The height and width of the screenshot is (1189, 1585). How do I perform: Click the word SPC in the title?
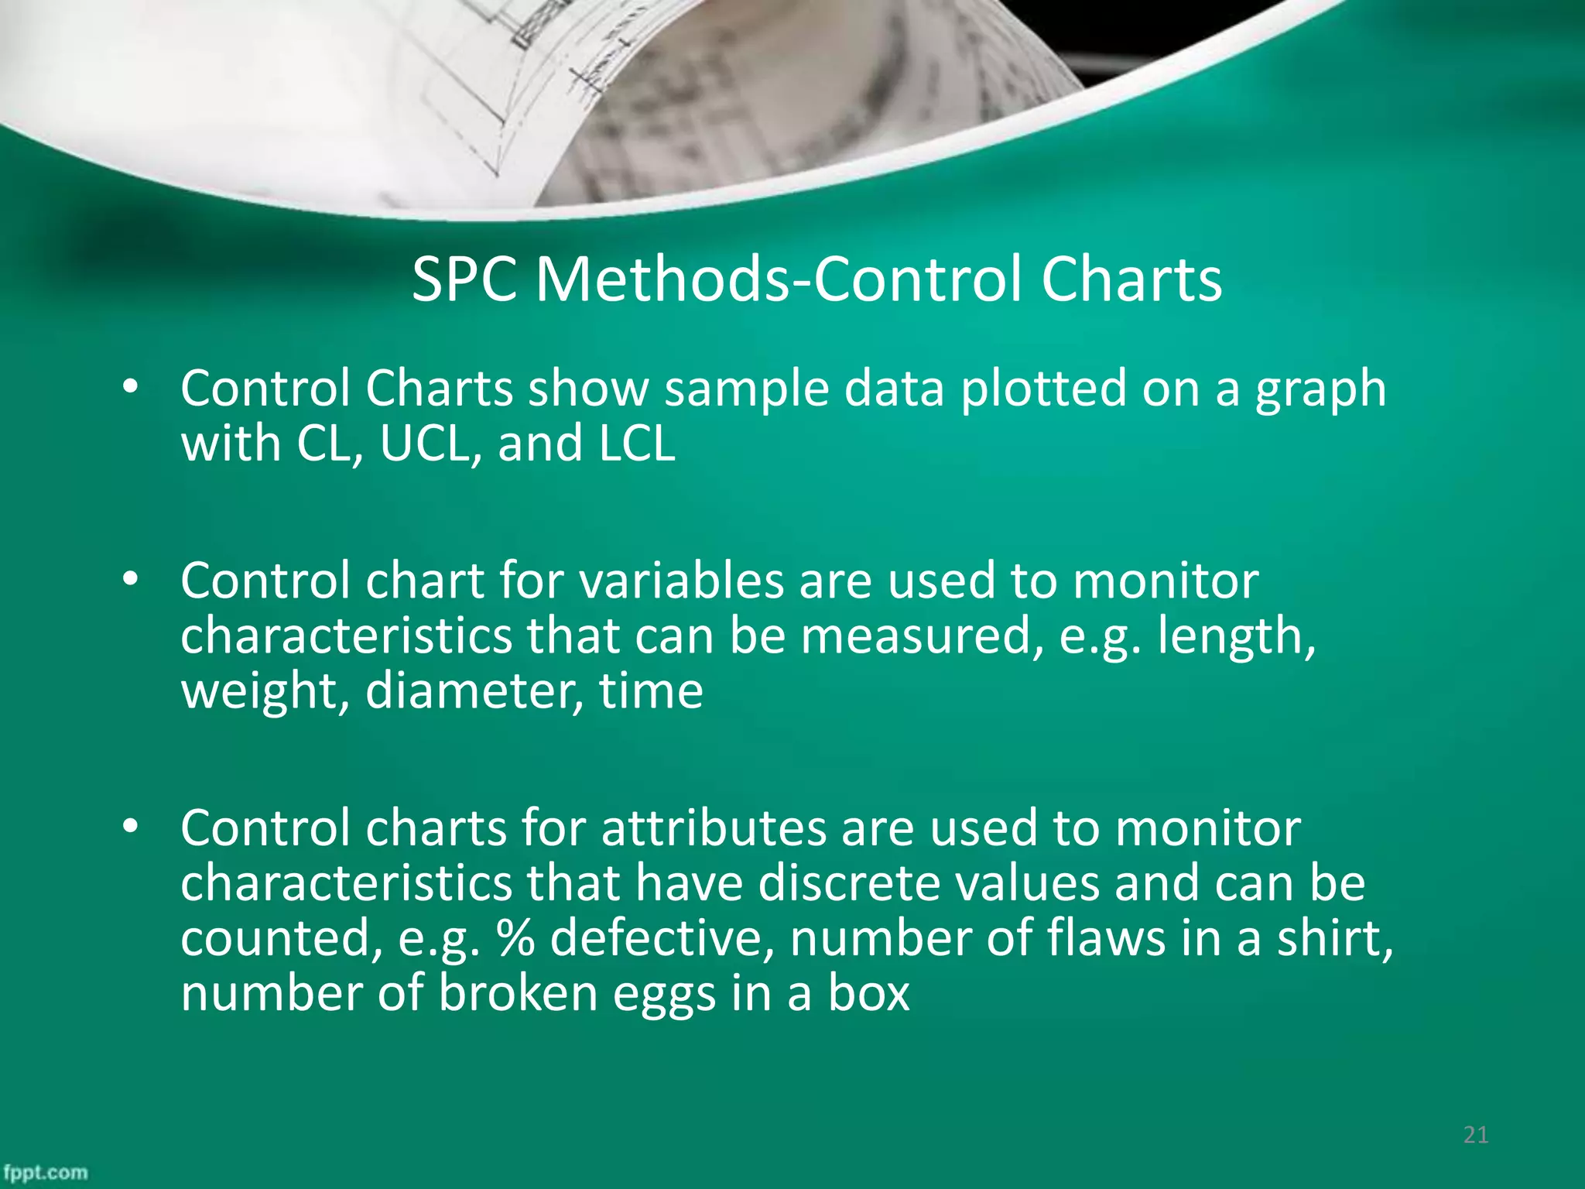click(464, 279)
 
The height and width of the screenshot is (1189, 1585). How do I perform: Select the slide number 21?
click(1476, 1135)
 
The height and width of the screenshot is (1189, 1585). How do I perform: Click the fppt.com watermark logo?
click(45, 1172)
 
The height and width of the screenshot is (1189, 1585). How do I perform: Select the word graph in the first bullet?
click(1320, 389)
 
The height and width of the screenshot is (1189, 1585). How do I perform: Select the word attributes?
click(714, 828)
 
